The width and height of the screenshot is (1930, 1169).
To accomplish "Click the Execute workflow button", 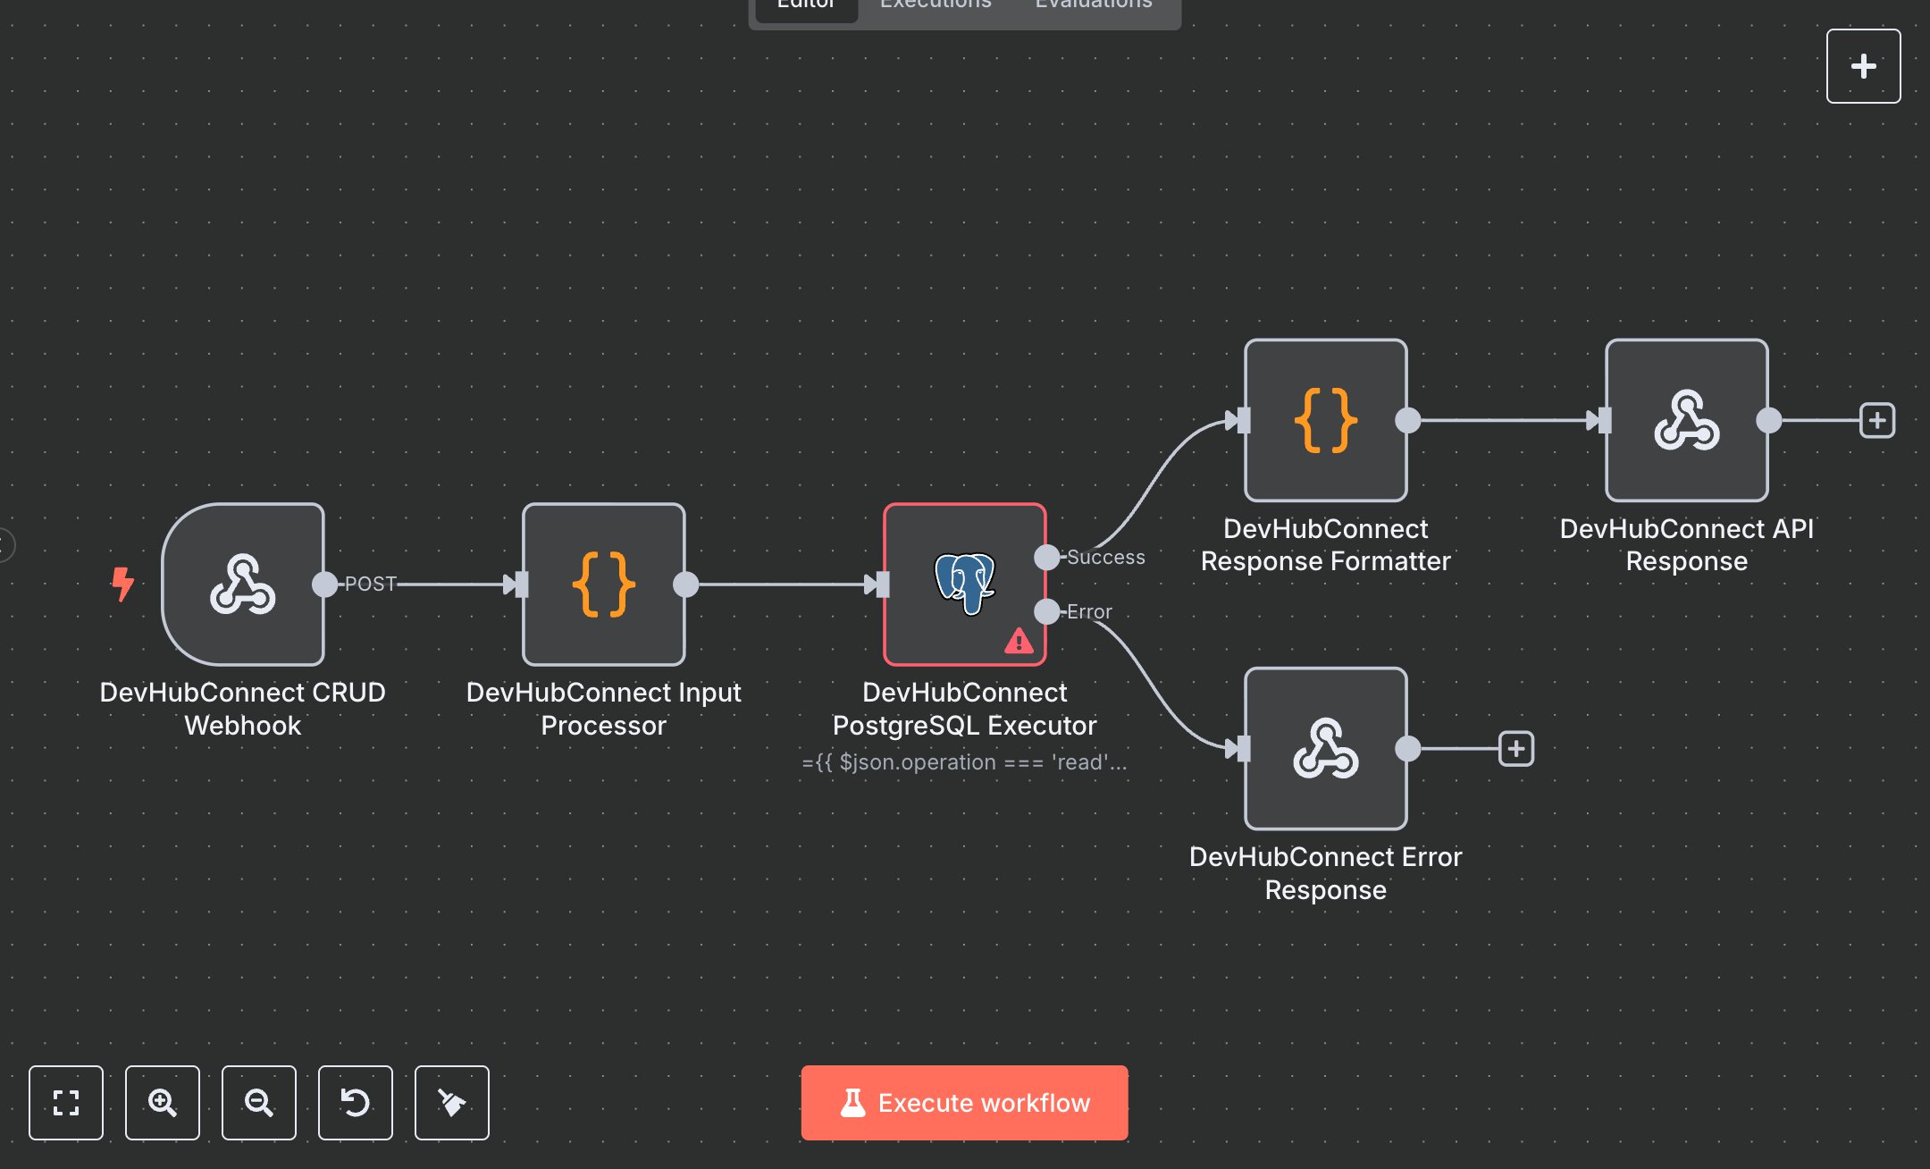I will (964, 1102).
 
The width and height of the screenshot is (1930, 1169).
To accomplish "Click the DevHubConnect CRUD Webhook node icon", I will (242, 584).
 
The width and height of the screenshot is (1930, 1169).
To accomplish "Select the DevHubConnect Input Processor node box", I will (603, 584).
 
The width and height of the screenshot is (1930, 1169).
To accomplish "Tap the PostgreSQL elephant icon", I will (964, 582).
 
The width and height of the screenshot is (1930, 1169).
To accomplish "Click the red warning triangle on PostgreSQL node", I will (1019, 641).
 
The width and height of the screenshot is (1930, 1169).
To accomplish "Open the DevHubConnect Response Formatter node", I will (1325, 419).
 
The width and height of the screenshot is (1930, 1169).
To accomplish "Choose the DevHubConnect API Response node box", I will (1686, 419).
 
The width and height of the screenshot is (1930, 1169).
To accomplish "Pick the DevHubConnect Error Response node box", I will (1325, 748).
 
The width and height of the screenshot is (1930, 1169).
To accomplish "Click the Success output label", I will (1105, 557).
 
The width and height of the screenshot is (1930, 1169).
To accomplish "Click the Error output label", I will (1089, 612).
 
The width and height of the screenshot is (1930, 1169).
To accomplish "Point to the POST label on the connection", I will (370, 584).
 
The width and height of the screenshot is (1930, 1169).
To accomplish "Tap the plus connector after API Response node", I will (1877, 420).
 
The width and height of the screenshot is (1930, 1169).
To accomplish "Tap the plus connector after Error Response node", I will (1516, 749).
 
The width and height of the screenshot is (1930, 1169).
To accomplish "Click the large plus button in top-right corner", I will (1863, 66).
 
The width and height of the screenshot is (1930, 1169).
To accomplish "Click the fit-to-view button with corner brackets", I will (66, 1102).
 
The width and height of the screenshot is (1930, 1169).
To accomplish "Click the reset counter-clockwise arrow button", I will (356, 1102).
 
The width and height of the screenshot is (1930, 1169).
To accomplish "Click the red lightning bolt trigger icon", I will (122, 584).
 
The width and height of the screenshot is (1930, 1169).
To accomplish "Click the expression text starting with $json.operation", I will (964, 762).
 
